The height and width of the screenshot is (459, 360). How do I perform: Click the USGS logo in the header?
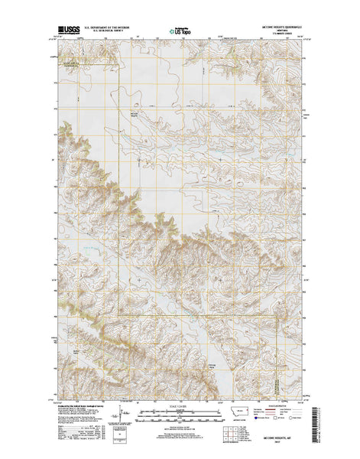pyautogui.click(x=67, y=31)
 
